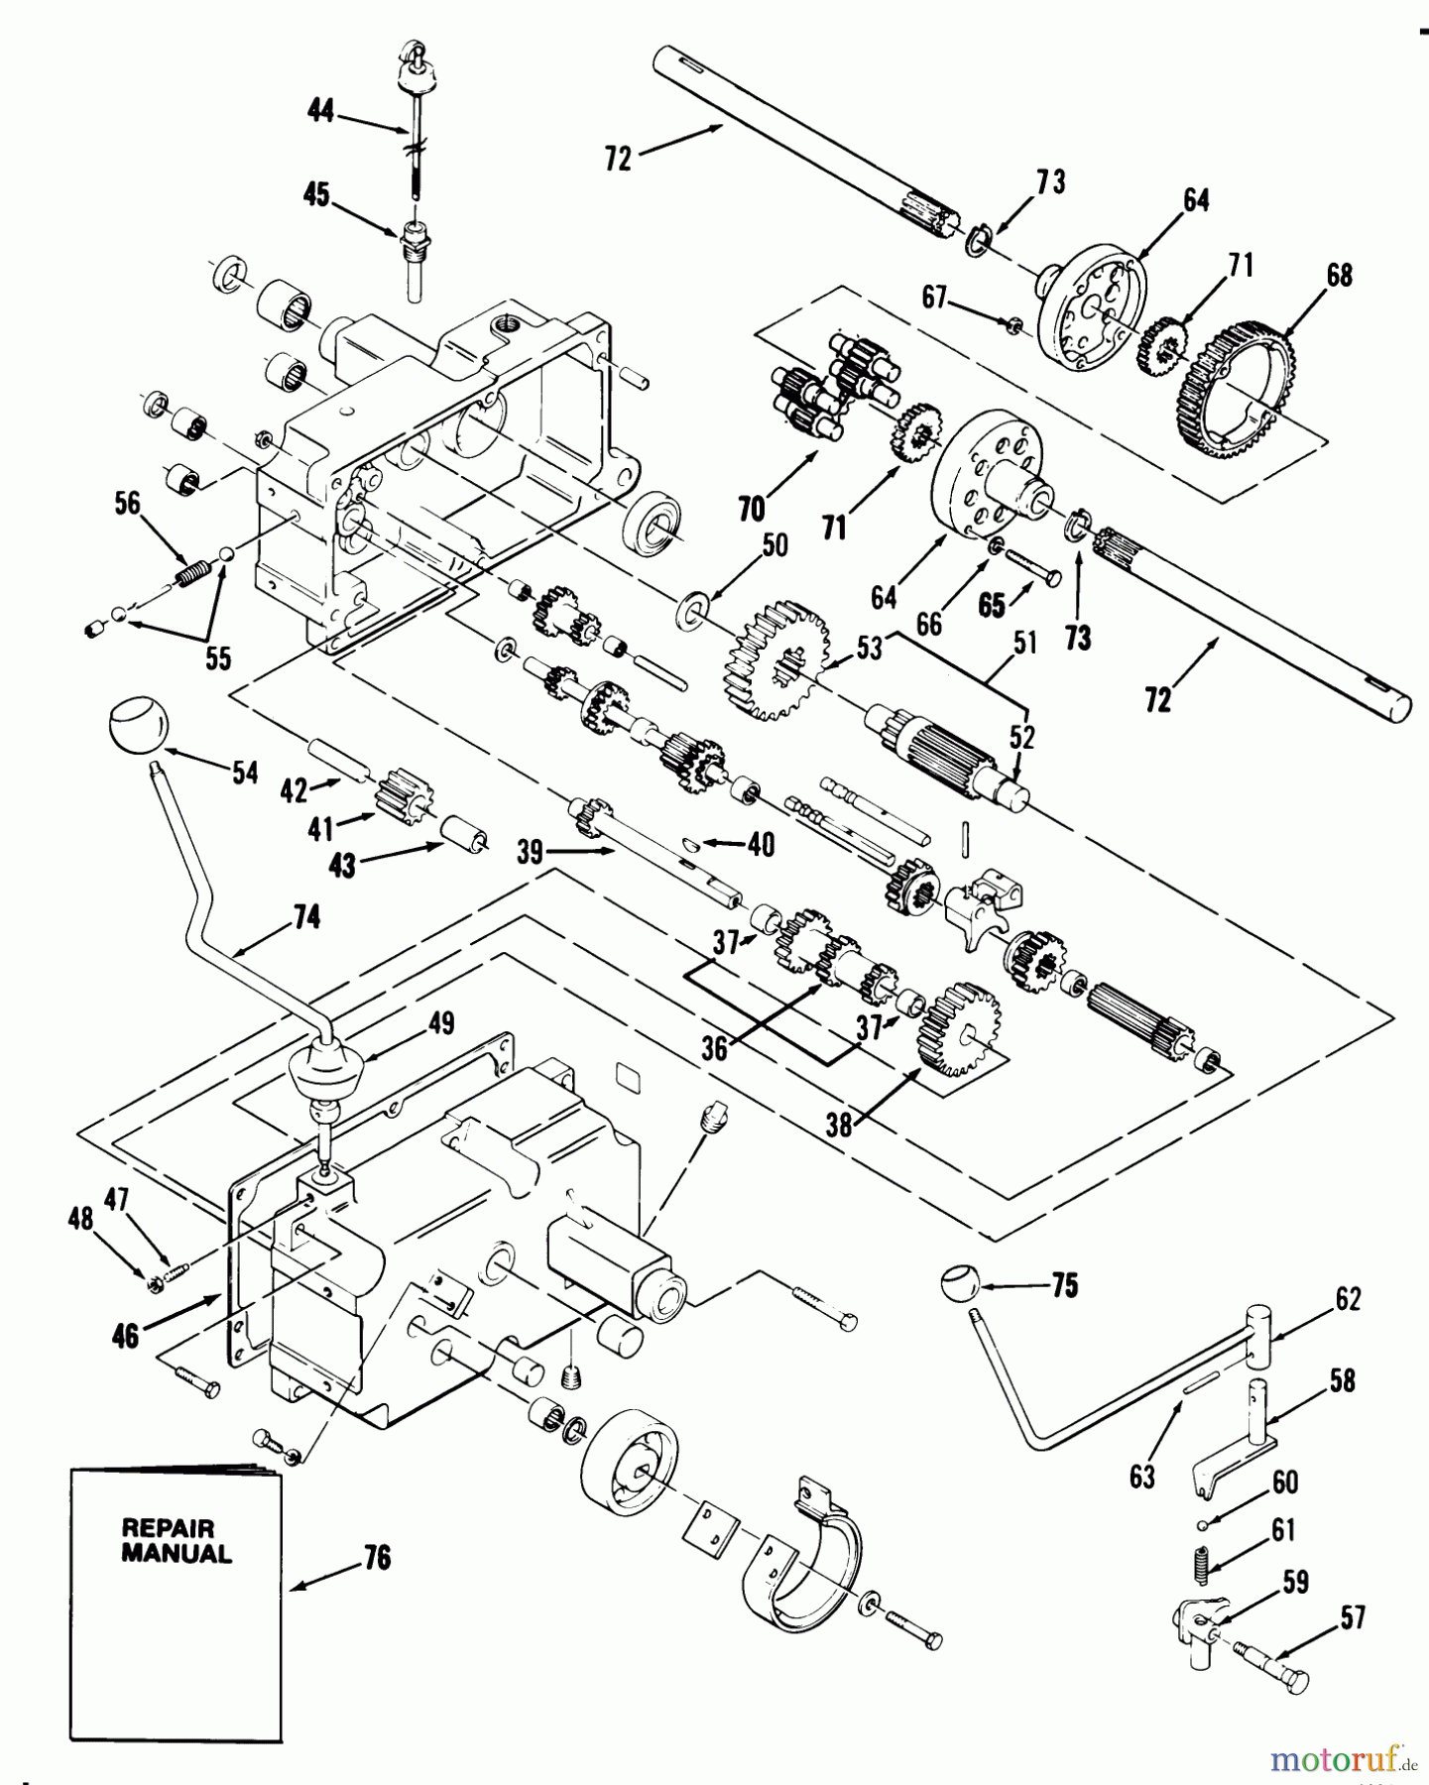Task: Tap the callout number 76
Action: pos(377,1558)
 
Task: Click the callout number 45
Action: pos(317,195)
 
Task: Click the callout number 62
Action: pos(1347,1298)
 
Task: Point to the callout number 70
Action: pos(752,509)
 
